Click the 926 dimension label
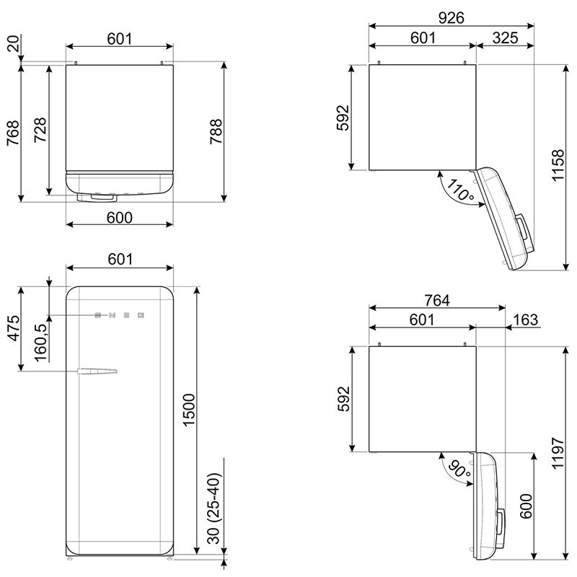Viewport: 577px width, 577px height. pos(452,17)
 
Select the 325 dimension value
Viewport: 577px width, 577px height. pos(505,38)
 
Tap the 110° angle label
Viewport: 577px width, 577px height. pos(458,190)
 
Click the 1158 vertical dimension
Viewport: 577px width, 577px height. pos(558,165)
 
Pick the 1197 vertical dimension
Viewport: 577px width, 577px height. pos(558,453)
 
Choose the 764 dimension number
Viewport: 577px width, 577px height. pos(437,300)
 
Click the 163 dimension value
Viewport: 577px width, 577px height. pos(525,320)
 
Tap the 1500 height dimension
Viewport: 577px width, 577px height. pos(188,410)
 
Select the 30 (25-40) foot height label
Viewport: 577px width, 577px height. pos(213,508)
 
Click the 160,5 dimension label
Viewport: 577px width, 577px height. pos(40,343)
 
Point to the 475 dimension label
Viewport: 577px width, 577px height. pos(13,328)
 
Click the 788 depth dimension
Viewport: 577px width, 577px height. pos(216,131)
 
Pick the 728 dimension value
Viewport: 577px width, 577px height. pos(40,130)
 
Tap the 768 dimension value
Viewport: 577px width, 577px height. pos(13,133)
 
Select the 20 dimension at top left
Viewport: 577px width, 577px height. pos(13,44)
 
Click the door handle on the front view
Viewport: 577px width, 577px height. pos(97,371)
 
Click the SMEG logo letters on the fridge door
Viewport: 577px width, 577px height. pos(119,315)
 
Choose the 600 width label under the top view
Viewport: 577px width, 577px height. pos(119,218)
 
